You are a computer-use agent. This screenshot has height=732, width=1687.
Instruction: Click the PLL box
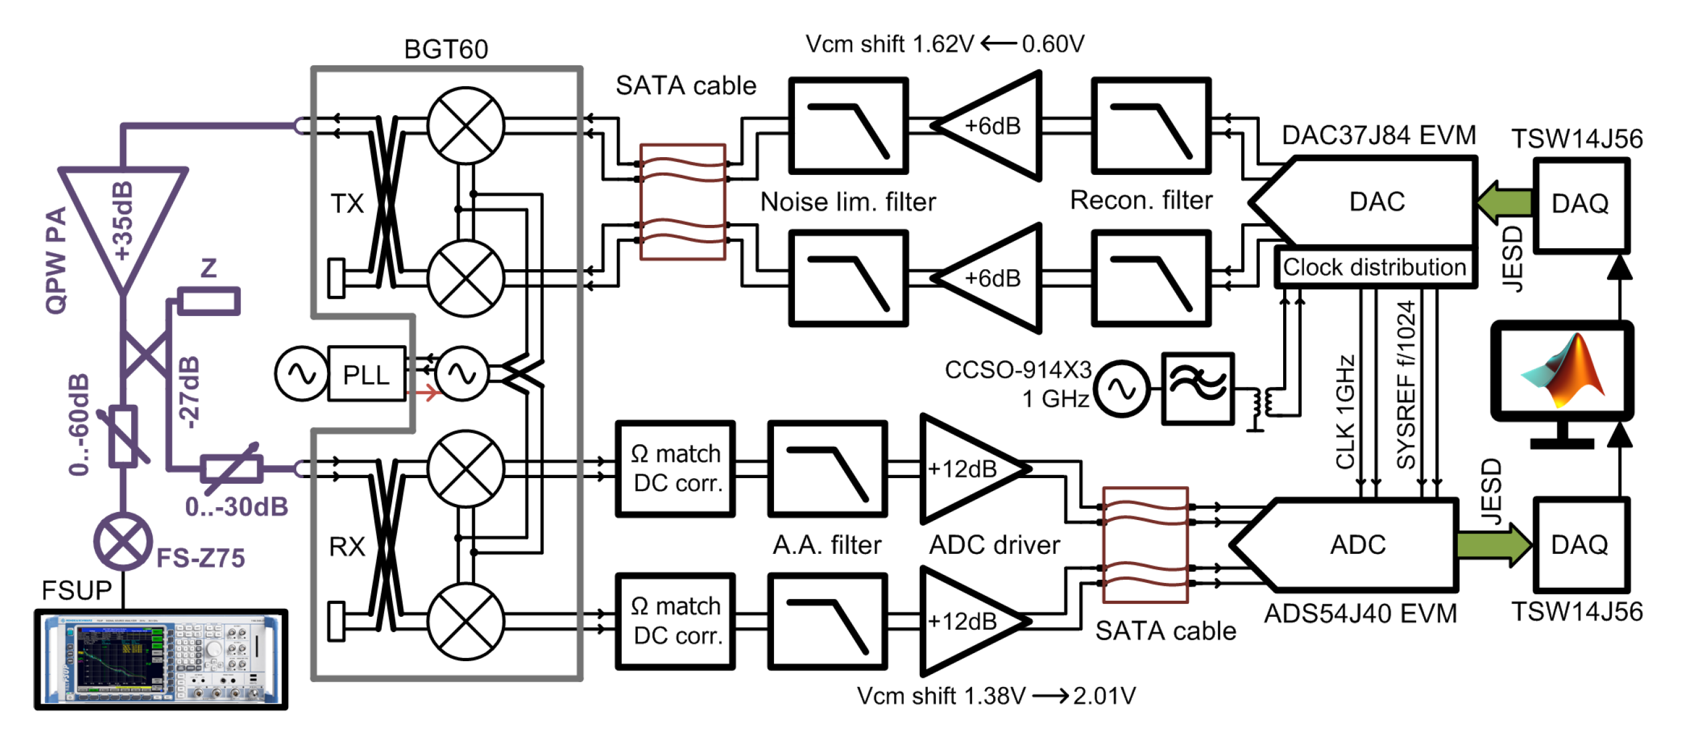pyautogui.click(x=366, y=374)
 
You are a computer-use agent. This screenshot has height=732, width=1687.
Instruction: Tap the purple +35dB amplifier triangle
pyautogui.click(x=123, y=216)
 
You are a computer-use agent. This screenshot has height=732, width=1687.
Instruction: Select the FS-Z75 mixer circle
pyautogui.click(x=123, y=542)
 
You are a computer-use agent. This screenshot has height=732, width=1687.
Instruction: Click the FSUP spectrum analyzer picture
pyautogui.click(x=161, y=659)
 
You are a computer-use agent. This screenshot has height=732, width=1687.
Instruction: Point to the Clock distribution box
pyautogui.click(x=1375, y=267)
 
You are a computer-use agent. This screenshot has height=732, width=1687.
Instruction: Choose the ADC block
pyautogui.click(x=1356, y=545)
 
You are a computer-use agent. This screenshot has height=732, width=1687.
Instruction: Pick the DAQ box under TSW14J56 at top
pyautogui.click(x=1581, y=204)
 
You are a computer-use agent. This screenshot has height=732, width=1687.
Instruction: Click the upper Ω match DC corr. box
pyautogui.click(x=675, y=468)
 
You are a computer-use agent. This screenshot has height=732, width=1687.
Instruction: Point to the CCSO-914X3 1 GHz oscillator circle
pyautogui.click(x=1122, y=389)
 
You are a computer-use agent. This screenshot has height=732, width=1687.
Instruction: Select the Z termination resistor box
pyautogui.click(x=208, y=301)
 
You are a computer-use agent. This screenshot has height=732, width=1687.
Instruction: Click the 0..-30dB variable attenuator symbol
pyautogui.click(x=231, y=468)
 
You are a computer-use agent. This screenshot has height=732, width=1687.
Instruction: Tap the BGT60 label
pyautogui.click(x=446, y=49)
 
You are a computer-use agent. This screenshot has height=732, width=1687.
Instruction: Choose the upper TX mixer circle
pyautogui.click(x=465, y=125)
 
